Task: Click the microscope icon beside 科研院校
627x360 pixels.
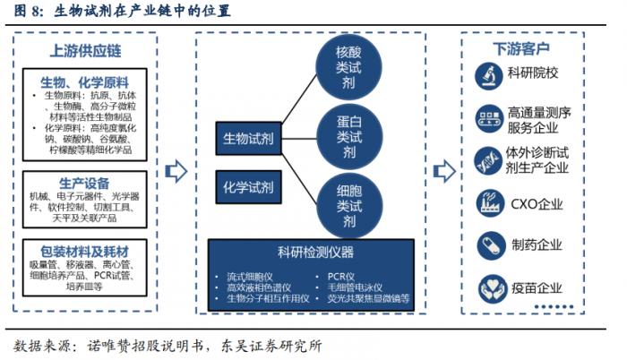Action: point(489,73)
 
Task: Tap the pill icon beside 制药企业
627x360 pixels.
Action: point(489,245)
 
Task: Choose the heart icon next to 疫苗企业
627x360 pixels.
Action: point(489,287)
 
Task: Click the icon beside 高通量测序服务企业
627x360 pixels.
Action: point(489,116)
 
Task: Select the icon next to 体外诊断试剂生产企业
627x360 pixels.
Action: point(489,159)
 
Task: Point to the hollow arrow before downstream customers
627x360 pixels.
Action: point(442,171)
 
